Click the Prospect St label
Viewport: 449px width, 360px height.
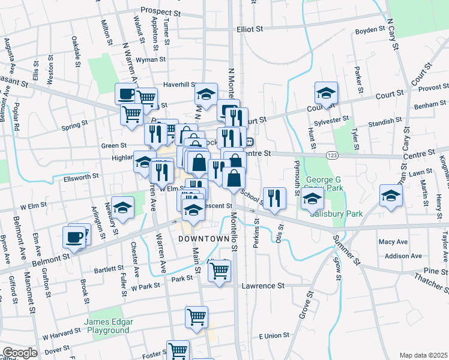tap(160, 11)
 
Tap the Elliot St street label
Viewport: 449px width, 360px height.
tap(250, 29)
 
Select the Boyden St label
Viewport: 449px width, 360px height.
tap(370, 29)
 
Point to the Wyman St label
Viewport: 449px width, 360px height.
tap(151, 60)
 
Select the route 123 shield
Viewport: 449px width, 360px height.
tap(331, 155)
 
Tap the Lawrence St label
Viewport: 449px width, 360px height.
tap(263, 286)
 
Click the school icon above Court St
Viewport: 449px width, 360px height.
tap(326, 93)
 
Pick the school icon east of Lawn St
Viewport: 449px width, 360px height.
tap(391, 196)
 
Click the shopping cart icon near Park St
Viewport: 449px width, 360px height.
tap(220, 270)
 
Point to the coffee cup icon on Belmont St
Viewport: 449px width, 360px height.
tap(74, 237)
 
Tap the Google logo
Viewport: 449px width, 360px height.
tap(20, 353)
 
